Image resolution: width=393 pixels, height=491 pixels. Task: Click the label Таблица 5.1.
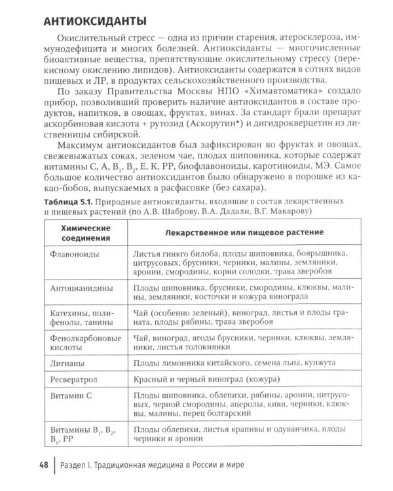(x=73, y=200)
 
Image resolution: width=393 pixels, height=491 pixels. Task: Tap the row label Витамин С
(x=73, y=396)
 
